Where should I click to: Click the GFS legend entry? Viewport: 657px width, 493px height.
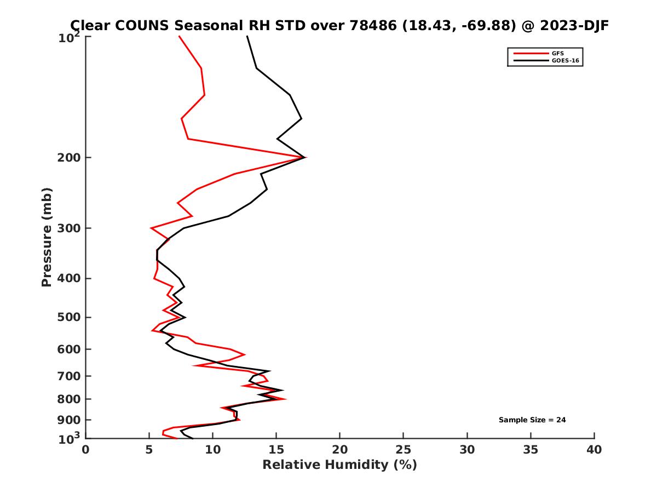point(558,53)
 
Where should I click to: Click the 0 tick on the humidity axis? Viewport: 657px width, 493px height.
point(85,450)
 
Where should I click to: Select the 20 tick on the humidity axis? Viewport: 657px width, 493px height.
point(339,450)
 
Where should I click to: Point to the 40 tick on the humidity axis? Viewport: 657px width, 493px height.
point(594,450)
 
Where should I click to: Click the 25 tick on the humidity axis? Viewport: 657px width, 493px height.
point(403,450)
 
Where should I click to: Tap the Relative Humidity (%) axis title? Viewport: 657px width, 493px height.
point(339,465)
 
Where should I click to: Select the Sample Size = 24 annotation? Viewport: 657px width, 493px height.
point(532,420)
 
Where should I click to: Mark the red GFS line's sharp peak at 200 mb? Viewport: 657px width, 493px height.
point(305,158)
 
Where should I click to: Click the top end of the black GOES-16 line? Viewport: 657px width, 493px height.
point(247,36)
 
